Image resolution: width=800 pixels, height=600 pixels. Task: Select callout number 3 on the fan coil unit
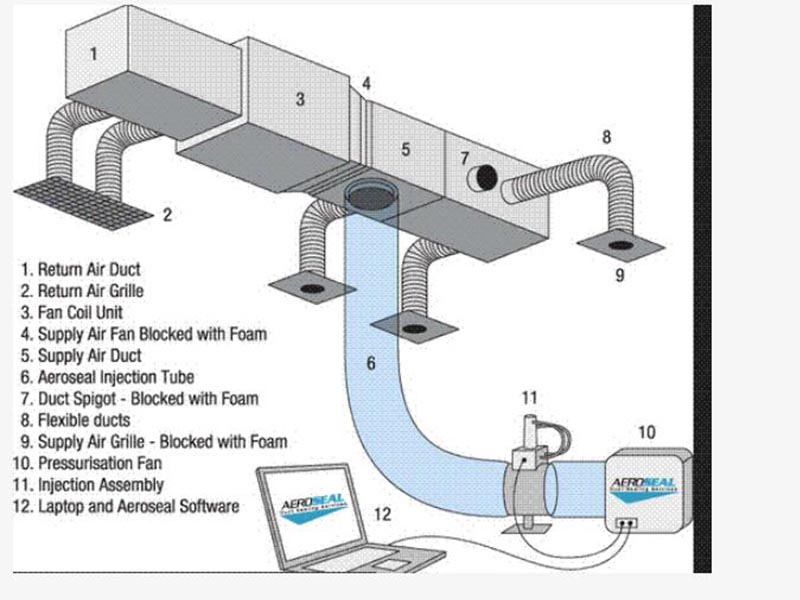300,98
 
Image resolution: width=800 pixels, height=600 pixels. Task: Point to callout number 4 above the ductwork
367,84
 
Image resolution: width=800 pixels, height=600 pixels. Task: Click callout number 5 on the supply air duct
405,149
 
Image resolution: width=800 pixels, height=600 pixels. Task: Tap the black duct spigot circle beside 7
485,177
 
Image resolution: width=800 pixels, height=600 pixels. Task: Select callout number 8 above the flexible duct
606,137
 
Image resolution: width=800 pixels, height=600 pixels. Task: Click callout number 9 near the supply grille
620,275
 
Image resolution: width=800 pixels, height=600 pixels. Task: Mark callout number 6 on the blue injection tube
371,363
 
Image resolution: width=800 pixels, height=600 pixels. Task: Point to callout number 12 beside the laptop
382,515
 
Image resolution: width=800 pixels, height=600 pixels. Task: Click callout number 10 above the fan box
647,432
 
